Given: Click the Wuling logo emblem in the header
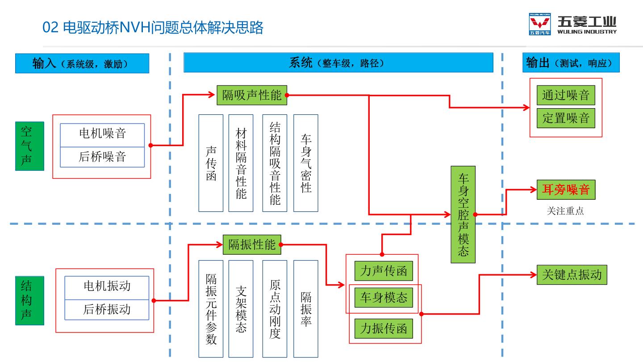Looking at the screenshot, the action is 540,24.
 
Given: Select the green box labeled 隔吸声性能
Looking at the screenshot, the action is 252,95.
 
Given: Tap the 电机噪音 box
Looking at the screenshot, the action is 102,135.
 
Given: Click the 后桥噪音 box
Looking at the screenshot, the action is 102,157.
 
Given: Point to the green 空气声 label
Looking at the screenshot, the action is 29,146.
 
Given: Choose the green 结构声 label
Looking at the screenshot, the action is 29,300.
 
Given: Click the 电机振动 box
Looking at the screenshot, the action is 107,288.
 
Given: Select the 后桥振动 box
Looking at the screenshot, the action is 107,310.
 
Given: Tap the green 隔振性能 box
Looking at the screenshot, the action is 252,245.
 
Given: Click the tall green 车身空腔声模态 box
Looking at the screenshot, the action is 463,215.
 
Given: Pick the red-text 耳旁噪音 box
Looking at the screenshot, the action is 566,189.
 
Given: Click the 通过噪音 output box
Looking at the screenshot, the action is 566,95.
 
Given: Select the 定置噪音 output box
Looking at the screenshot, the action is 566,118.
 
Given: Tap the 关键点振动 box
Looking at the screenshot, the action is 572,275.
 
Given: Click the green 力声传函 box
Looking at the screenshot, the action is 384,271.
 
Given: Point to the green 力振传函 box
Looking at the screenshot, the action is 384,328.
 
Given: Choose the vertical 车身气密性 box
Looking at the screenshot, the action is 306,163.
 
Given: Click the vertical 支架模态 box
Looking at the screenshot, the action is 241,309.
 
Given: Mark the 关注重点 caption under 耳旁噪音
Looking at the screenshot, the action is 565,211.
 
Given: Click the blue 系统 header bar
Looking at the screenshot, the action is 338,63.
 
